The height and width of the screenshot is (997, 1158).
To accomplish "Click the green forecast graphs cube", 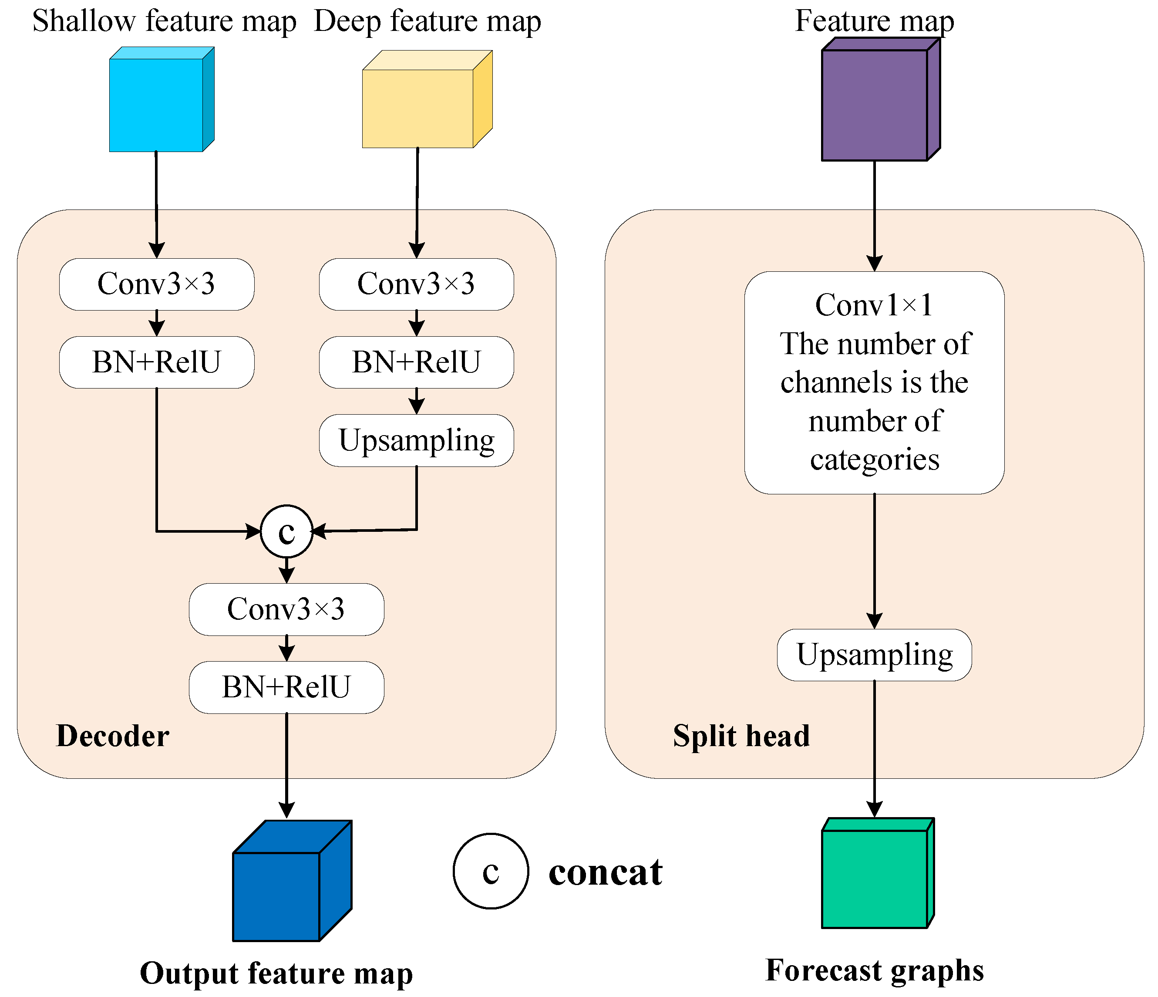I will tap(875, 878).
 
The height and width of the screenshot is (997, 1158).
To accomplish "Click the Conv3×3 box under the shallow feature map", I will tap(156, 284).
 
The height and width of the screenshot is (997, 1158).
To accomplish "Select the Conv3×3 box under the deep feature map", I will tap(416, 284).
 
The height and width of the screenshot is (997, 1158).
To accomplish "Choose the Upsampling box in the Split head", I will tap(874, 655).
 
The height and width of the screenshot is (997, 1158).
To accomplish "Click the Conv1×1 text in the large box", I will tap(874, 305).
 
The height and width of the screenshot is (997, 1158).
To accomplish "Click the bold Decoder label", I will tap(113, 736).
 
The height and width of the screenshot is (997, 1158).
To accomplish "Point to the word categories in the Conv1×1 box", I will tap(874, 460).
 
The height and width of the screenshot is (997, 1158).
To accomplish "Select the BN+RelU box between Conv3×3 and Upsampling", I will tap(416, 362).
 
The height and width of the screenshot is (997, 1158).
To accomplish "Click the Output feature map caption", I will tap(276, 973).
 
